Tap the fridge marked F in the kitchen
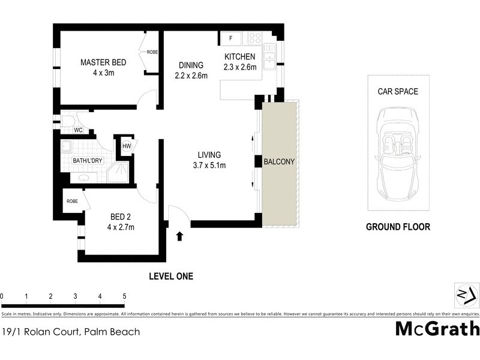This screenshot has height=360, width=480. [230, 38]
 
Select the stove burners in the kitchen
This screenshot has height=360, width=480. [255, 38]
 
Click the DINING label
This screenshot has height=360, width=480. [191, 65]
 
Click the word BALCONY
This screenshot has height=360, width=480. [280, 162]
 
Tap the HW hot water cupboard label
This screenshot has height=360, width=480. [127, 146]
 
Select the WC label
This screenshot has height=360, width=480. [78, 130]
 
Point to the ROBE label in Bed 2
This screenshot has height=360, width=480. [72, 202]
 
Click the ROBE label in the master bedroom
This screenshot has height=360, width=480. [152, 53]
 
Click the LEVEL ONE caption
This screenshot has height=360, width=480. [171, 277]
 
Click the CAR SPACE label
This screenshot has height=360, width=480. [398, 92]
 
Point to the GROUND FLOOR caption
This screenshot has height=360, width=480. [398, 227]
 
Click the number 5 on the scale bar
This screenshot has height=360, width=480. [124, 296]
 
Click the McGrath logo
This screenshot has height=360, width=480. [437, 328]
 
